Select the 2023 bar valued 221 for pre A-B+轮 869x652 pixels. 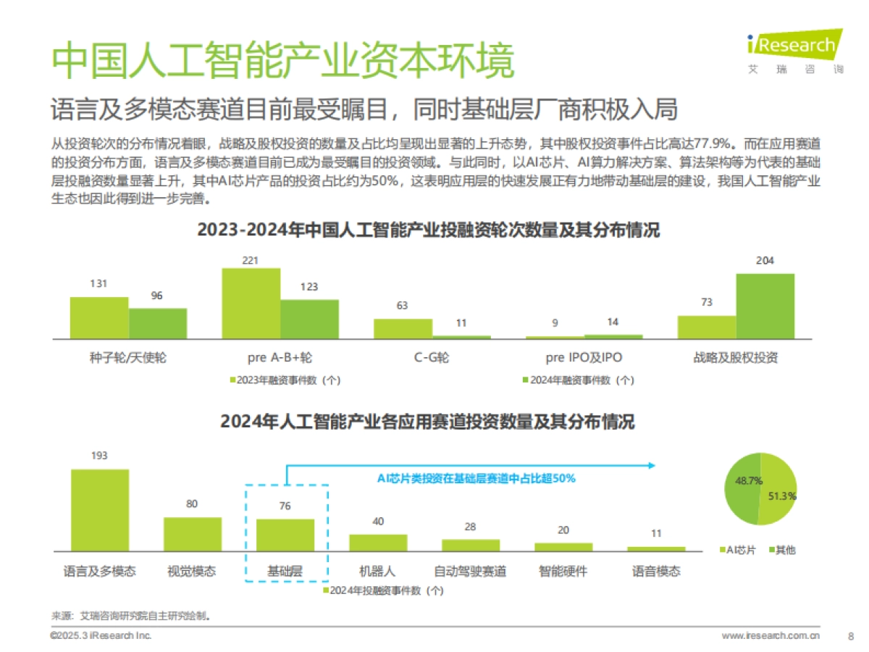click(251, 303)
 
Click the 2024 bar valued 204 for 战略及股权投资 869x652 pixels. click(765, 306)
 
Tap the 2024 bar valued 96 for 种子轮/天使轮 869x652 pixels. click(158, 323)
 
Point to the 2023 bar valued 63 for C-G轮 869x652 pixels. click(403, 328)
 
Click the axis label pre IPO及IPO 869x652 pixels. click(584, 357)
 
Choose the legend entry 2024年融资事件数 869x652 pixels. click(579, 380)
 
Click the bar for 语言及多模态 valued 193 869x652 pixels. click(100, 510)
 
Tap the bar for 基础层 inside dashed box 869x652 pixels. click(285, 535)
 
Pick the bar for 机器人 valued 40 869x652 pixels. click(378, 543)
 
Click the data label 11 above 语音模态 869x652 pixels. click(656, 533)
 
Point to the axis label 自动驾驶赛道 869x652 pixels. click(470, 572)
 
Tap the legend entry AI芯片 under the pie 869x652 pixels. click(737, 550)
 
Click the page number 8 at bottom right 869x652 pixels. click(849, 636)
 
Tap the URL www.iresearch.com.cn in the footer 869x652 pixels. click(771, 636)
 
